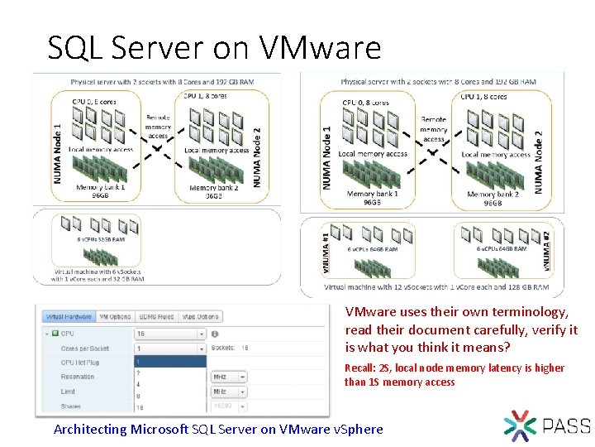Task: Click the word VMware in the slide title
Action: click(x=321, y=48)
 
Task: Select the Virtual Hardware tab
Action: click(x=69, y=316)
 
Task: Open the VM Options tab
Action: click(x=115, y=316)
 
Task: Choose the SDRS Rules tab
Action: click(x=155, y=316)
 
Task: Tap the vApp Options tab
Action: click(x=201, y=316)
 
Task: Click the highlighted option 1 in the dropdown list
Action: click(x=169, y=362)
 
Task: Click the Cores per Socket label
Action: click(x=86, y=348)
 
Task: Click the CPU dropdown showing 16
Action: click(x=169, y=334)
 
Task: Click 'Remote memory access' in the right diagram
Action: click(x=434, y=129)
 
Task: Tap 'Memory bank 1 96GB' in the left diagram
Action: click(x=101, y=192)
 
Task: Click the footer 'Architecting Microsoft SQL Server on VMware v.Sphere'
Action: click(x=218, y=429)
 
